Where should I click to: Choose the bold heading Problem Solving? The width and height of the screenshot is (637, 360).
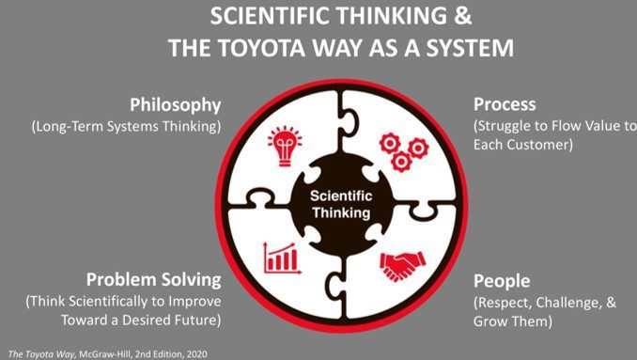(153, 279)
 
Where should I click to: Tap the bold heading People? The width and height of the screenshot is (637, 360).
(503, 281)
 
